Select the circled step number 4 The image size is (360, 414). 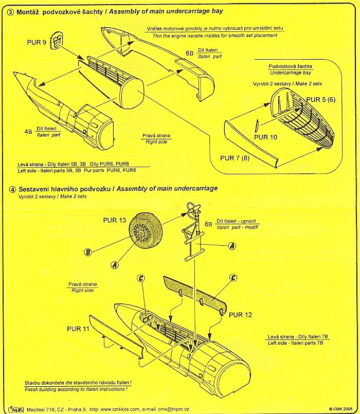point(12,189)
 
